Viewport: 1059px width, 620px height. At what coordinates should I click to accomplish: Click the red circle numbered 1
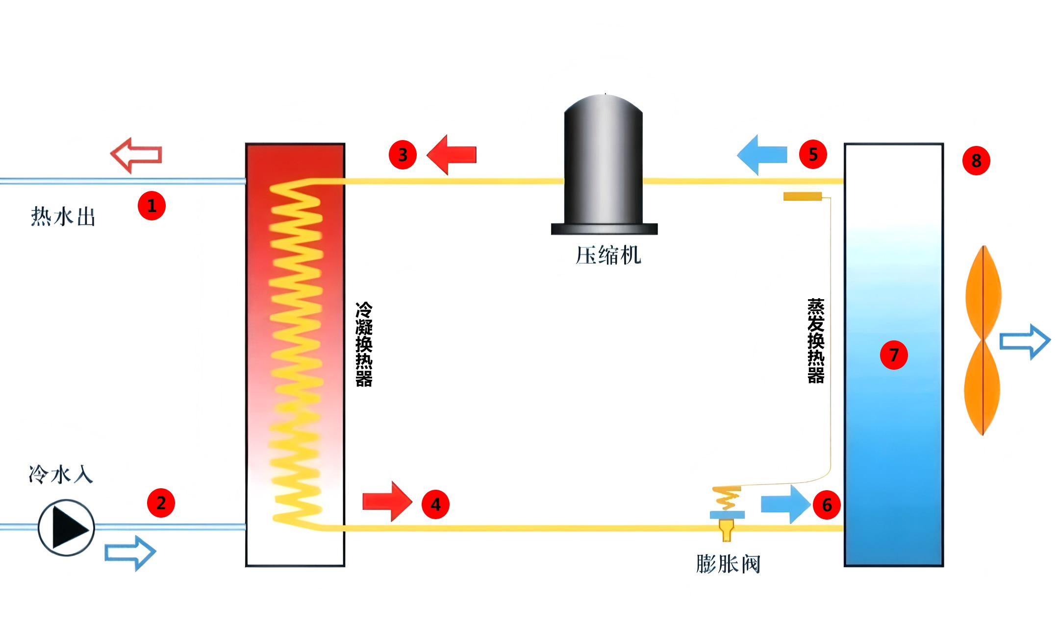[x=151, y=206]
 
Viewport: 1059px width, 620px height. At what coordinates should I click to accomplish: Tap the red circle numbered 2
[x=161, y=503]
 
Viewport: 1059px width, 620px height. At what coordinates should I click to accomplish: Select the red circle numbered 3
[x=403, y=155]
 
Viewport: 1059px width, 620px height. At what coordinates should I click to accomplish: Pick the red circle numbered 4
[x=435, y=504]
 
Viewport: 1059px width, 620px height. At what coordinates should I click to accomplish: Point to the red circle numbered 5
[x=813, y=154]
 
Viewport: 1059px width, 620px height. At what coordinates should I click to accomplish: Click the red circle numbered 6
[x=827, y=505]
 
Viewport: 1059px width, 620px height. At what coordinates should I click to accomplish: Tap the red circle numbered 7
[x=894, y=355]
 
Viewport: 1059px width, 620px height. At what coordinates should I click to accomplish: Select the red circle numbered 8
[x=976, y=160]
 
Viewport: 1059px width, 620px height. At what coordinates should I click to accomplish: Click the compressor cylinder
[x=604, y=164]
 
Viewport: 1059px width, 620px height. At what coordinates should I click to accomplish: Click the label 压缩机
[x=608, y=255]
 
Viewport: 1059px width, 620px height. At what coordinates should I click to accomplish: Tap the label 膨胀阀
[x=728, y=564]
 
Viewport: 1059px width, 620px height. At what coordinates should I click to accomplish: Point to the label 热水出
[x=63, y=216]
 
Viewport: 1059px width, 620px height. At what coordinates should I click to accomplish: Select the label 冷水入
[x=61, y=475]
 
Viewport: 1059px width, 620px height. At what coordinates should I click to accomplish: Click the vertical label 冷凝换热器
[x=364, y=344]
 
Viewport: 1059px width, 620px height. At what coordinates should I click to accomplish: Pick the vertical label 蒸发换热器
[x=816, y=341]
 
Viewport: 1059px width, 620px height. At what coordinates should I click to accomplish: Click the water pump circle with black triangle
[x=66, y=527]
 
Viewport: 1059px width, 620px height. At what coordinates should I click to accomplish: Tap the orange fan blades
[x=983, y=340]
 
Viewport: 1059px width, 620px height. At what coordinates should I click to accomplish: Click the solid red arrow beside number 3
[x=451, y=155]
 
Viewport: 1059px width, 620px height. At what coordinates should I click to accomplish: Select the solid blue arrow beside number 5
[x=762, y=155]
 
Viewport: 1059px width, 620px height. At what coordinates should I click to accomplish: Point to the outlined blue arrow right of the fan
[x=1025, y=341]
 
